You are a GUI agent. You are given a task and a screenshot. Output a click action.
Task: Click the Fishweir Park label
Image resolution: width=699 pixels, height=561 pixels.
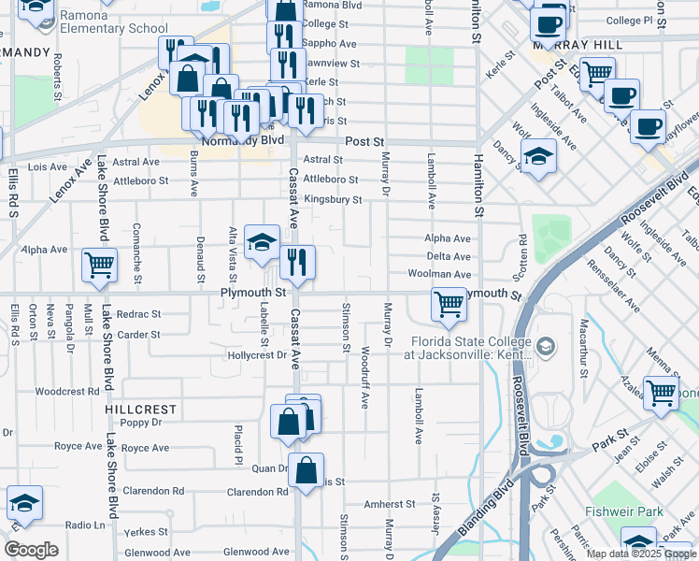click(624, 511)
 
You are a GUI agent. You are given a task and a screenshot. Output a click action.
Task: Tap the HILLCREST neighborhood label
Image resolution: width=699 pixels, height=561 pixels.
click(140, 410)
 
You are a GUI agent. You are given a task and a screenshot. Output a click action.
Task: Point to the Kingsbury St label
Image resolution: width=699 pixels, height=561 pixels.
click(333, 199)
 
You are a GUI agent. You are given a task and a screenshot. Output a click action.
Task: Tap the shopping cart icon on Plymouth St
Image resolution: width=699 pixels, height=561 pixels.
click(449, 304)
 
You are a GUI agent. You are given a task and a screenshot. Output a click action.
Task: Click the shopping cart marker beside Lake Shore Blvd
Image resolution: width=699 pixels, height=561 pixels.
click(99, 264)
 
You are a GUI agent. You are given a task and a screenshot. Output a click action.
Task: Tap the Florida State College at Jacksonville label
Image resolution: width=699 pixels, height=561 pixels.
click(466, 348)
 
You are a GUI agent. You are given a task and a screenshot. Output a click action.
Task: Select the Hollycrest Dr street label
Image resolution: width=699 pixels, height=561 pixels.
click(256, 355)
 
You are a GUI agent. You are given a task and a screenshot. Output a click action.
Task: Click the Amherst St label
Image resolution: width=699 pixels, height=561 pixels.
click(389, 504)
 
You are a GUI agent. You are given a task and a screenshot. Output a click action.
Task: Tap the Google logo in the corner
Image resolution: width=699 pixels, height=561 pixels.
click(31, 549)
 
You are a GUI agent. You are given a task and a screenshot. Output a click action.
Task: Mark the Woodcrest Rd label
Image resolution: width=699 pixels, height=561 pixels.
click(67, 392)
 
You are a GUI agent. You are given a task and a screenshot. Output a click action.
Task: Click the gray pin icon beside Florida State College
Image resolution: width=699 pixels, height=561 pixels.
click(547, 348)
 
